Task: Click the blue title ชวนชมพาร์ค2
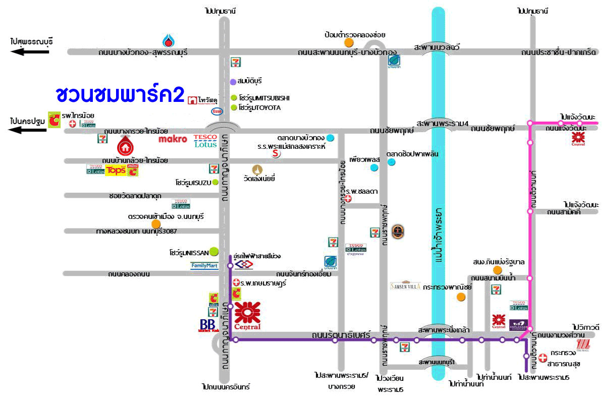pos(120,94)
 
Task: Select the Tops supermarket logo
pos(115,170)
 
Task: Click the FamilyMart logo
pos(204,265)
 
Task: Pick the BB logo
pos(208,325)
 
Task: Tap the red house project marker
pos(125,146)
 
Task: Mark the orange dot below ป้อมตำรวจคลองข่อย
pos(348,43)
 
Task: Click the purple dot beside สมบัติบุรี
pos(233,81)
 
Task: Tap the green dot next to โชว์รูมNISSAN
pos(213,251)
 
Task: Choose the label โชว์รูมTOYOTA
pos(260,107)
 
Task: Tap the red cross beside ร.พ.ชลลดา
pos(347,199)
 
